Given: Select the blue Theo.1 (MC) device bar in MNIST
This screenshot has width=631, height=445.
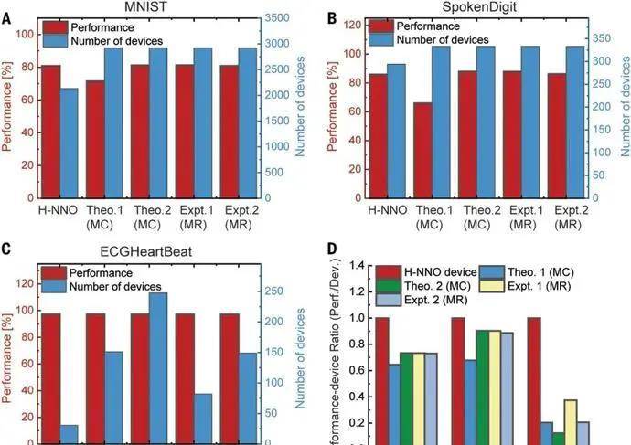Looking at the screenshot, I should point(113,122).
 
